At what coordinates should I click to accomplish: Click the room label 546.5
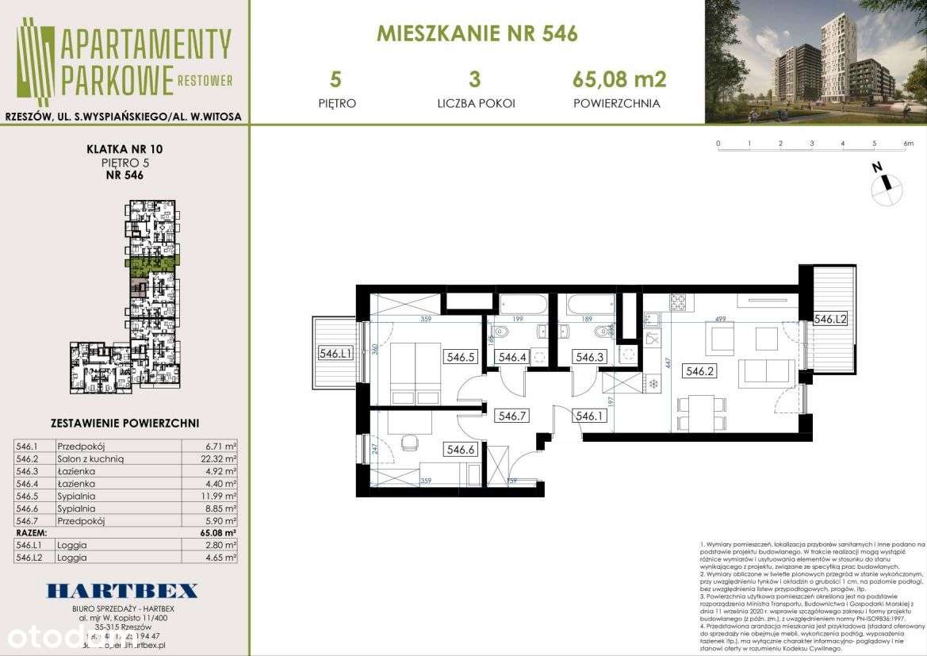(x=460, y=357)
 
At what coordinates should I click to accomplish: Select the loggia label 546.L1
(x=336, y=355)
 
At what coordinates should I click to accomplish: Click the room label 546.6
(x=460, y=450)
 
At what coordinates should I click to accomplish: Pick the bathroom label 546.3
(x=590, y=357)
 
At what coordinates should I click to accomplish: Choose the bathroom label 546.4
(x=512, y=357)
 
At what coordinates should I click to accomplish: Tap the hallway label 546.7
(x=512, y=415)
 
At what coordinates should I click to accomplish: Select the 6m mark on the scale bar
(x=908, y=144)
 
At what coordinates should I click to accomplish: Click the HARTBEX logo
(x=122, y=591)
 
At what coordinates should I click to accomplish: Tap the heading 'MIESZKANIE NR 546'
(x=477, y=34)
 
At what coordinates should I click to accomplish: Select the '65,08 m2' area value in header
(x=619, y=79)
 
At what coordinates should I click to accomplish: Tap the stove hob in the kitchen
(x=680, y=302)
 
